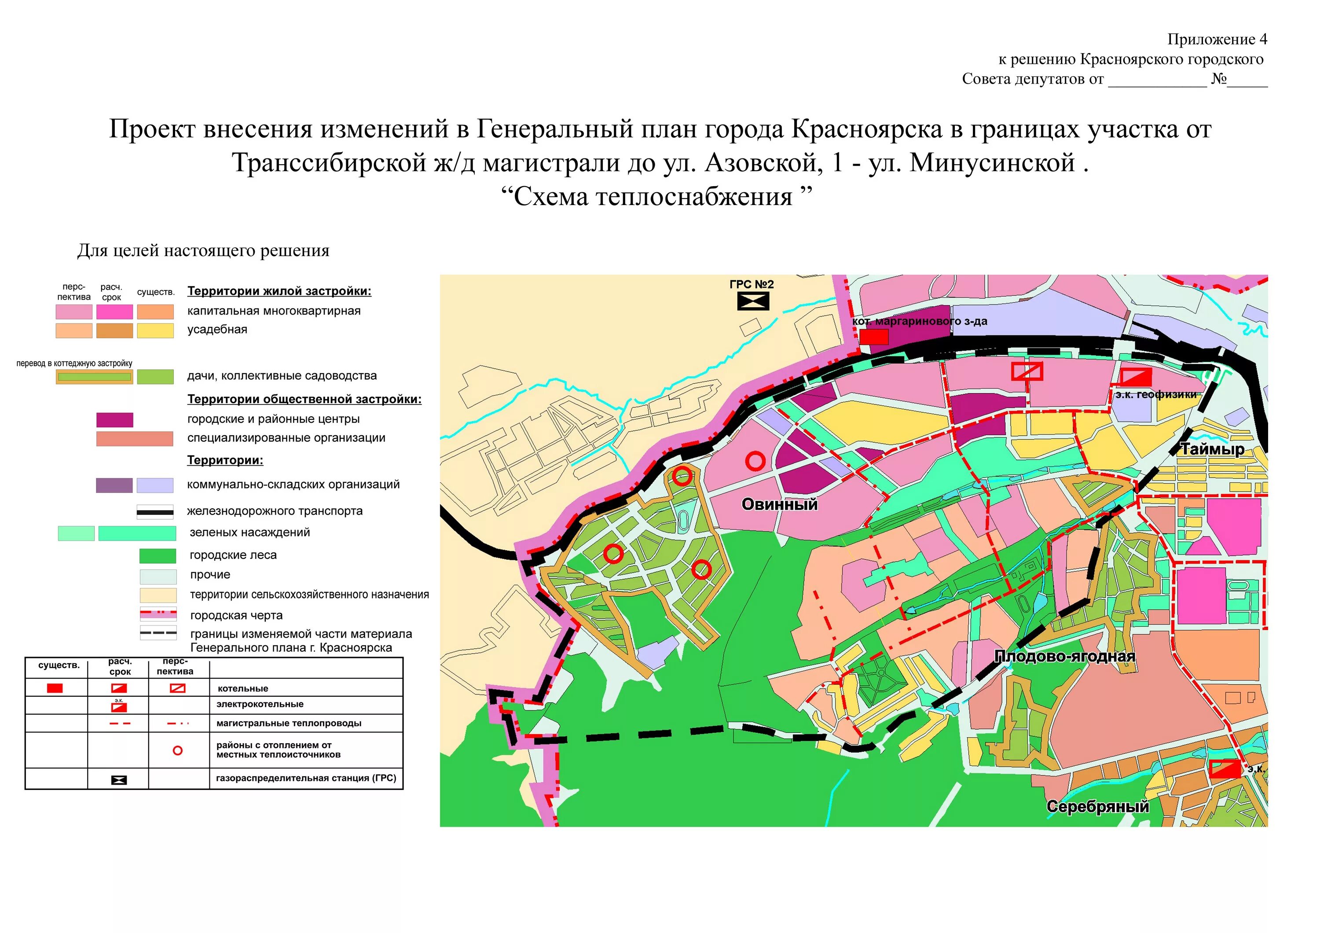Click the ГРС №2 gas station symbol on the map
752,301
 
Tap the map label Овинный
779,504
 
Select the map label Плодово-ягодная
1065,657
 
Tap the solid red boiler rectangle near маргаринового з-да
874,336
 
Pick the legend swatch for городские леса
158,555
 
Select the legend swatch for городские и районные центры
114,420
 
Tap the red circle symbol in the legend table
178,750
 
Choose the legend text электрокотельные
260,704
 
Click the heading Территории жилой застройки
279,291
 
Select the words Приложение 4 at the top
1217,39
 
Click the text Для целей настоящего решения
204,251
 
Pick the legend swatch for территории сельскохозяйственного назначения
158,595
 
